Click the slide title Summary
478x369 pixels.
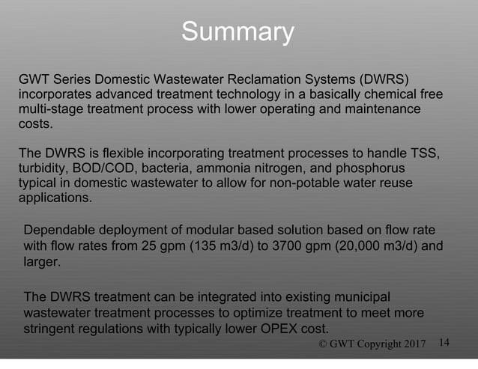coord(238,32)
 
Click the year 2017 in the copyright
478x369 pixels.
coord(412,344)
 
